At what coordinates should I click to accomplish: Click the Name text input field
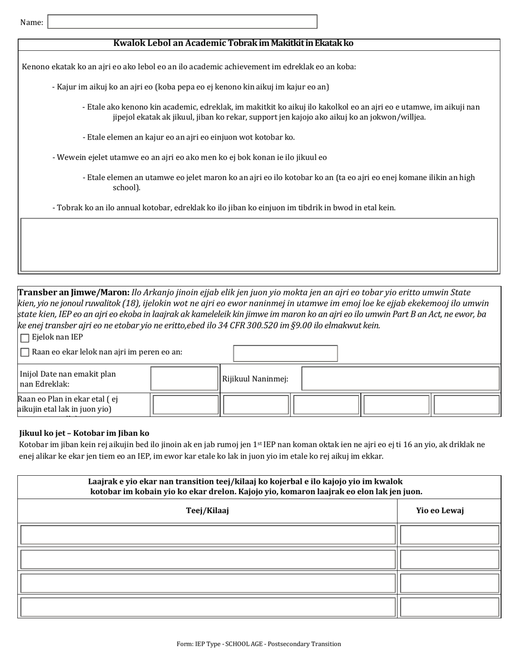pyautogui.click(x=182, y=22)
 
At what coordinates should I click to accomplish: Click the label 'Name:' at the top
pyautogui.click(x=31, y=22)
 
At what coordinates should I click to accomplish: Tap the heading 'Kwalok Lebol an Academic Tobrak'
pyautogui.click(x=233, y=43)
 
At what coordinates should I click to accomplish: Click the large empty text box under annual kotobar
pyautogui.click(x=259, y=244)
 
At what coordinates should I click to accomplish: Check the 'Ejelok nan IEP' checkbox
pyautogui.click(x=24, y=338)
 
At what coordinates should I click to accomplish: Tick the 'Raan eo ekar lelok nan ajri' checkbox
pyautogui.click(x=24, y=353)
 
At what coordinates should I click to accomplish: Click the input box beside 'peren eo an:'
pyautogui.click(x=285, y=353)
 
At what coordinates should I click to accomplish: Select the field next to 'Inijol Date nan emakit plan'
pyautogui.click(x=184, y=378)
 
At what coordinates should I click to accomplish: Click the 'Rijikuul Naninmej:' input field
pyautogui.click(x=400, y=378)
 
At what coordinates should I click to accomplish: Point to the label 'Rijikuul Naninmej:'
pyautogui.click(x=255, y=379)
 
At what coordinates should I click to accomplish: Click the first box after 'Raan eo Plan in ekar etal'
pyautogui.click(x=186, y=404)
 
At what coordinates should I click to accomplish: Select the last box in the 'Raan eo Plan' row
pyautogui.click(x=466, y=404)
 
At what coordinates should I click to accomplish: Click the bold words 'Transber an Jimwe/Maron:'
pyautogui.click(x=74, y=292)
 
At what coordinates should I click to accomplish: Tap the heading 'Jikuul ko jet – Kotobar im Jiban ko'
pyautogui.click(x=84, y=433)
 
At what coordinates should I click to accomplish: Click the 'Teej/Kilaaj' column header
pyautogui.click(x=207, y=510)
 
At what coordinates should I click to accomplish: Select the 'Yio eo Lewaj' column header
pyautogui.click(x=439, y=510)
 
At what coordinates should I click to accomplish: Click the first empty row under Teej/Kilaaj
pyautogui.click(x=208, y=535)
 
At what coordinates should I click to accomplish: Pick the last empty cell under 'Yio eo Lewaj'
pyautogui.click(x=449, y=607)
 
